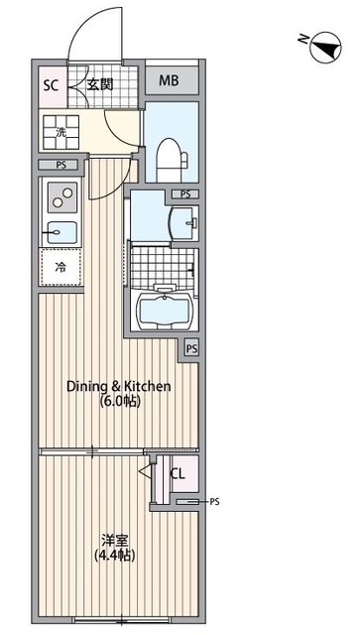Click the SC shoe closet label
coord(51,85)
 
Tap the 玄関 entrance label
coord(100,84)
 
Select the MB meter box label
coord(169,80)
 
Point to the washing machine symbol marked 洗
coord(60,132)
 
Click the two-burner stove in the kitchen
coord(62,197)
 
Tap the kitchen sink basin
coord(61,232)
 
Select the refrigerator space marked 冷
coord(60,267)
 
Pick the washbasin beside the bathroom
coord(184,222)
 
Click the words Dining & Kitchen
coord(118,386)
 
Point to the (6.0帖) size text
coord(120,402)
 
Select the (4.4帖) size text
coord(114,556)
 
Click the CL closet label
coord(178,474)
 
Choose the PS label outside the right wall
coord(214,502)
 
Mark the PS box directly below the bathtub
coord(192,349)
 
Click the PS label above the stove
coord(60,165)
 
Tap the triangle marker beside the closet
coord(145,470)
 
